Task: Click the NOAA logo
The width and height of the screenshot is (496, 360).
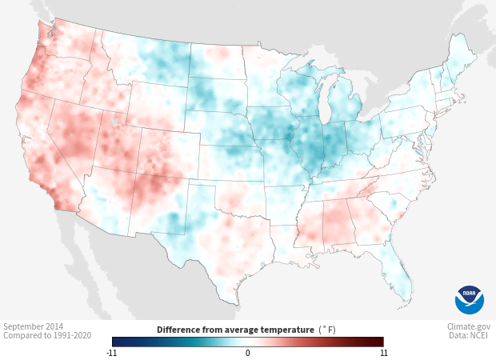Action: click(x=470, y=299)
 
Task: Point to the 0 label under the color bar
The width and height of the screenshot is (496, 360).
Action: click(x=248, y=352)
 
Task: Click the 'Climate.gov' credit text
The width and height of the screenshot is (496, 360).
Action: click(x=469, y=326)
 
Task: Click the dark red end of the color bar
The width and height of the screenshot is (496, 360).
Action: click(x=379, y=341)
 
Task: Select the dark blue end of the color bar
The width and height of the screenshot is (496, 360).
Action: click(x=117, y=341)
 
